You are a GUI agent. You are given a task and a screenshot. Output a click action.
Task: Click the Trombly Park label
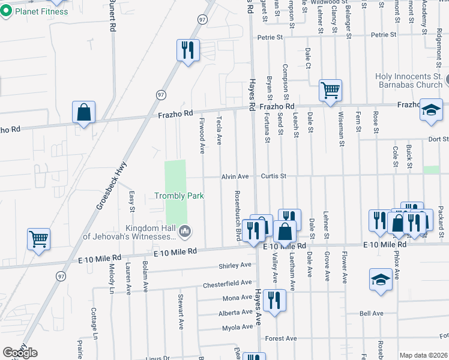[x=179, y=196]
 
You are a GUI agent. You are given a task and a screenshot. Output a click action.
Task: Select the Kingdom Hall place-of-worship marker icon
[x=185, y=230]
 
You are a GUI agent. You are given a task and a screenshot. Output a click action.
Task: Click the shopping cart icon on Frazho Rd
[x=330, y=91]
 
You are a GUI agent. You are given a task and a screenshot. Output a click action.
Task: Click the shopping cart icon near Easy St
[x=38, y=239]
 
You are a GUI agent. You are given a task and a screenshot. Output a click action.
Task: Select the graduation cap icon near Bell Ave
[x=380, y=280]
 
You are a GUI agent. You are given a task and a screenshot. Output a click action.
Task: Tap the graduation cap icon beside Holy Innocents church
[x=430, y=111]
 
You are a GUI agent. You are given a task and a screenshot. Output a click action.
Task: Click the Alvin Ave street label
[x=235, y=177]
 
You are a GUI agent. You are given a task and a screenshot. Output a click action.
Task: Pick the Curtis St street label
[x=274, y=177]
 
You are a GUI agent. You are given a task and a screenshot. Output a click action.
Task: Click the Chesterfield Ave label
[x=227, y=283]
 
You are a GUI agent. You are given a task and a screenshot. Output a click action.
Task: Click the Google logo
[x=20, y=352]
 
